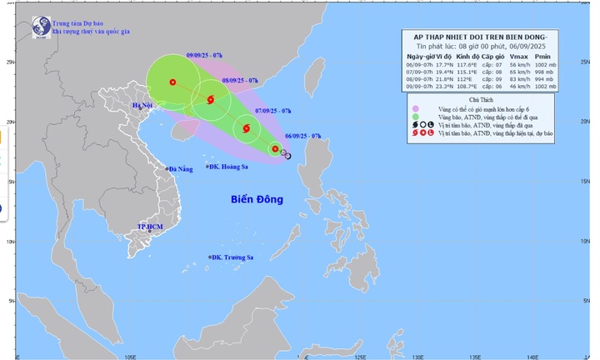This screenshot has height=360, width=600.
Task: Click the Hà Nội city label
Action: coord(145,106)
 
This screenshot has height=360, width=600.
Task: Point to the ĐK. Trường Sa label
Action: coord(232,257)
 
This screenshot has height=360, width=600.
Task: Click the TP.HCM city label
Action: coord(152,227)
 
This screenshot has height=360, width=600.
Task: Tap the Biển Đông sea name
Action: coord(257,200)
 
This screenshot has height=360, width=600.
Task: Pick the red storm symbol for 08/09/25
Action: coord(210,100)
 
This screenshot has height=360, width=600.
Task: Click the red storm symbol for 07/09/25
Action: coord(246,128)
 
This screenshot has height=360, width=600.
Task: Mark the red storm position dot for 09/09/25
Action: coord(172,82)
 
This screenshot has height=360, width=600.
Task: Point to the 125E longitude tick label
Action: coord(359,357)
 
